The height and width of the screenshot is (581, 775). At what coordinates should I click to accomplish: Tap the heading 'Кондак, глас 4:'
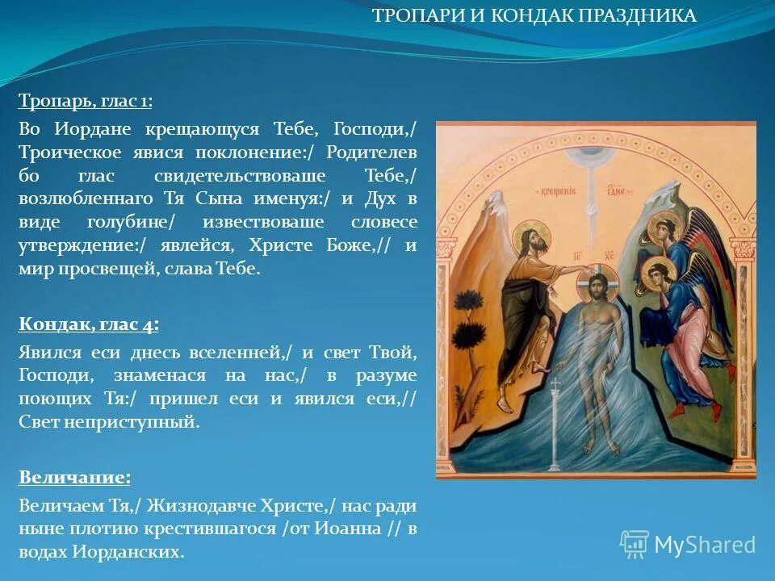tap(88, 324)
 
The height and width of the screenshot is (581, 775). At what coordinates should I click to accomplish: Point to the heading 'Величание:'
tap(74, 477)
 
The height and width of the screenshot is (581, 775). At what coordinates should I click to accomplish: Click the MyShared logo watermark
tap(688, 544)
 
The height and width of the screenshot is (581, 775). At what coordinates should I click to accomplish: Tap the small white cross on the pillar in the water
tap(555, 383)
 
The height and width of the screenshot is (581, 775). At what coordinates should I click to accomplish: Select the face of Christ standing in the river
tap(597, 286)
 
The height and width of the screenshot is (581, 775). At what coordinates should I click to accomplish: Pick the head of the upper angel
tap(664, 228)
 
